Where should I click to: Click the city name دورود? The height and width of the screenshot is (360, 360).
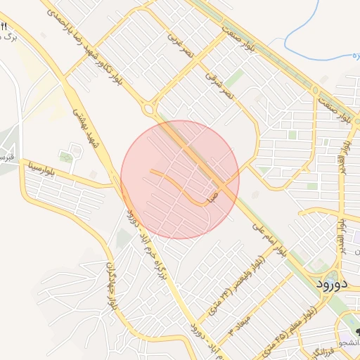coord(329,284)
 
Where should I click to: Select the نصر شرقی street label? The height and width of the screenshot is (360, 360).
coord(219,82)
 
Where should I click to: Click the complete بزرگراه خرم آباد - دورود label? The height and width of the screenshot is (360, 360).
coord(145,238)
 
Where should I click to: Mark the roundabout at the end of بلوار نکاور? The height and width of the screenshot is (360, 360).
coord(148,109)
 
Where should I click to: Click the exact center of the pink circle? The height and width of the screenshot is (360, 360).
coord(180,179)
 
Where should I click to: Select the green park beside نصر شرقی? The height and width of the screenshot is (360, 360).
coord(235,77)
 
